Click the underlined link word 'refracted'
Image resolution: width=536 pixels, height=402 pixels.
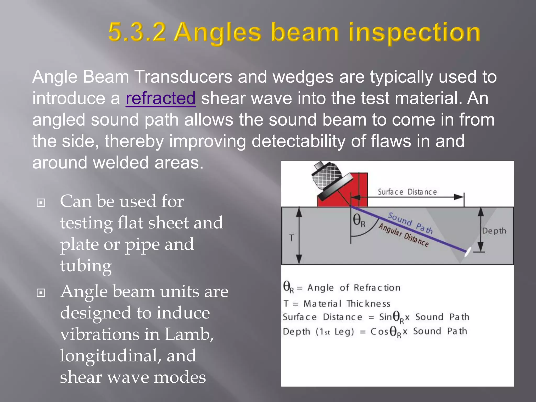click(160, 98)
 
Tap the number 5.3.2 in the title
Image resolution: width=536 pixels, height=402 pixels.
click(137, 32)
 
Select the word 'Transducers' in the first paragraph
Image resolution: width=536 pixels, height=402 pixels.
click(183, 77)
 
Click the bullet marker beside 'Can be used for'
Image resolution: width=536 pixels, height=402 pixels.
click(41, 203)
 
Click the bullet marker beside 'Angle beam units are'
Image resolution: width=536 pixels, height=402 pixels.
click(41, 293)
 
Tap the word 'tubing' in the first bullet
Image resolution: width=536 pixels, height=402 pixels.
click(86, 266)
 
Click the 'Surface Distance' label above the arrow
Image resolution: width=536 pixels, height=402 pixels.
click(407, 192)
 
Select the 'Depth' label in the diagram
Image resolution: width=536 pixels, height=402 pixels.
click(494, 231)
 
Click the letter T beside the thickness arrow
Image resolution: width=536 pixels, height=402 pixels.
click(291, 238)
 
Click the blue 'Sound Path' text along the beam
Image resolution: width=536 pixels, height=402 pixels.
click(410, 223)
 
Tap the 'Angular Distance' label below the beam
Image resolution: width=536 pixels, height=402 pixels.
click(403, 235)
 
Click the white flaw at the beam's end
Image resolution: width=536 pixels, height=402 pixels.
click(467, 252)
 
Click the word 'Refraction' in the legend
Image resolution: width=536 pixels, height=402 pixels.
click(377, 288)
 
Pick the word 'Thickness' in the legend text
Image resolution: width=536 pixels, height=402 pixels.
click(368, 304)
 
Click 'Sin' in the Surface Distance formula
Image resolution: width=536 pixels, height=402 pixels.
click(385, 317)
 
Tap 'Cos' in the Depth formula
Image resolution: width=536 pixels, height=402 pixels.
click(379, 332)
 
